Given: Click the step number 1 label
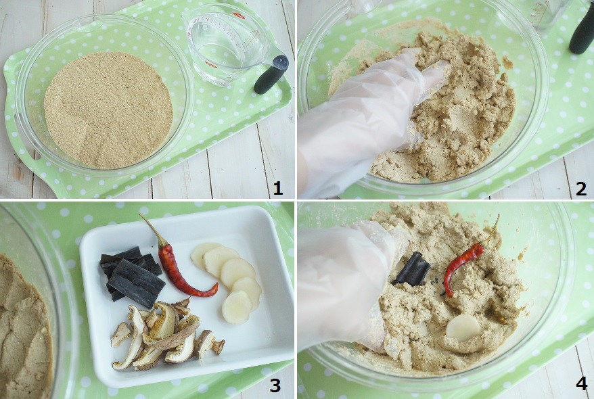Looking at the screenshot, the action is point(278,188).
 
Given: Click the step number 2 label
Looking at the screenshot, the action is point(581,188).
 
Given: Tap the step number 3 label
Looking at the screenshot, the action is point(275,385).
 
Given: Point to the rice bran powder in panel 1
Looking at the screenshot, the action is point(109,110).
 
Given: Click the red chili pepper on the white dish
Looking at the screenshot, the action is point(178,265).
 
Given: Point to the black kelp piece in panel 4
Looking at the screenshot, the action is point(413,268).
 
